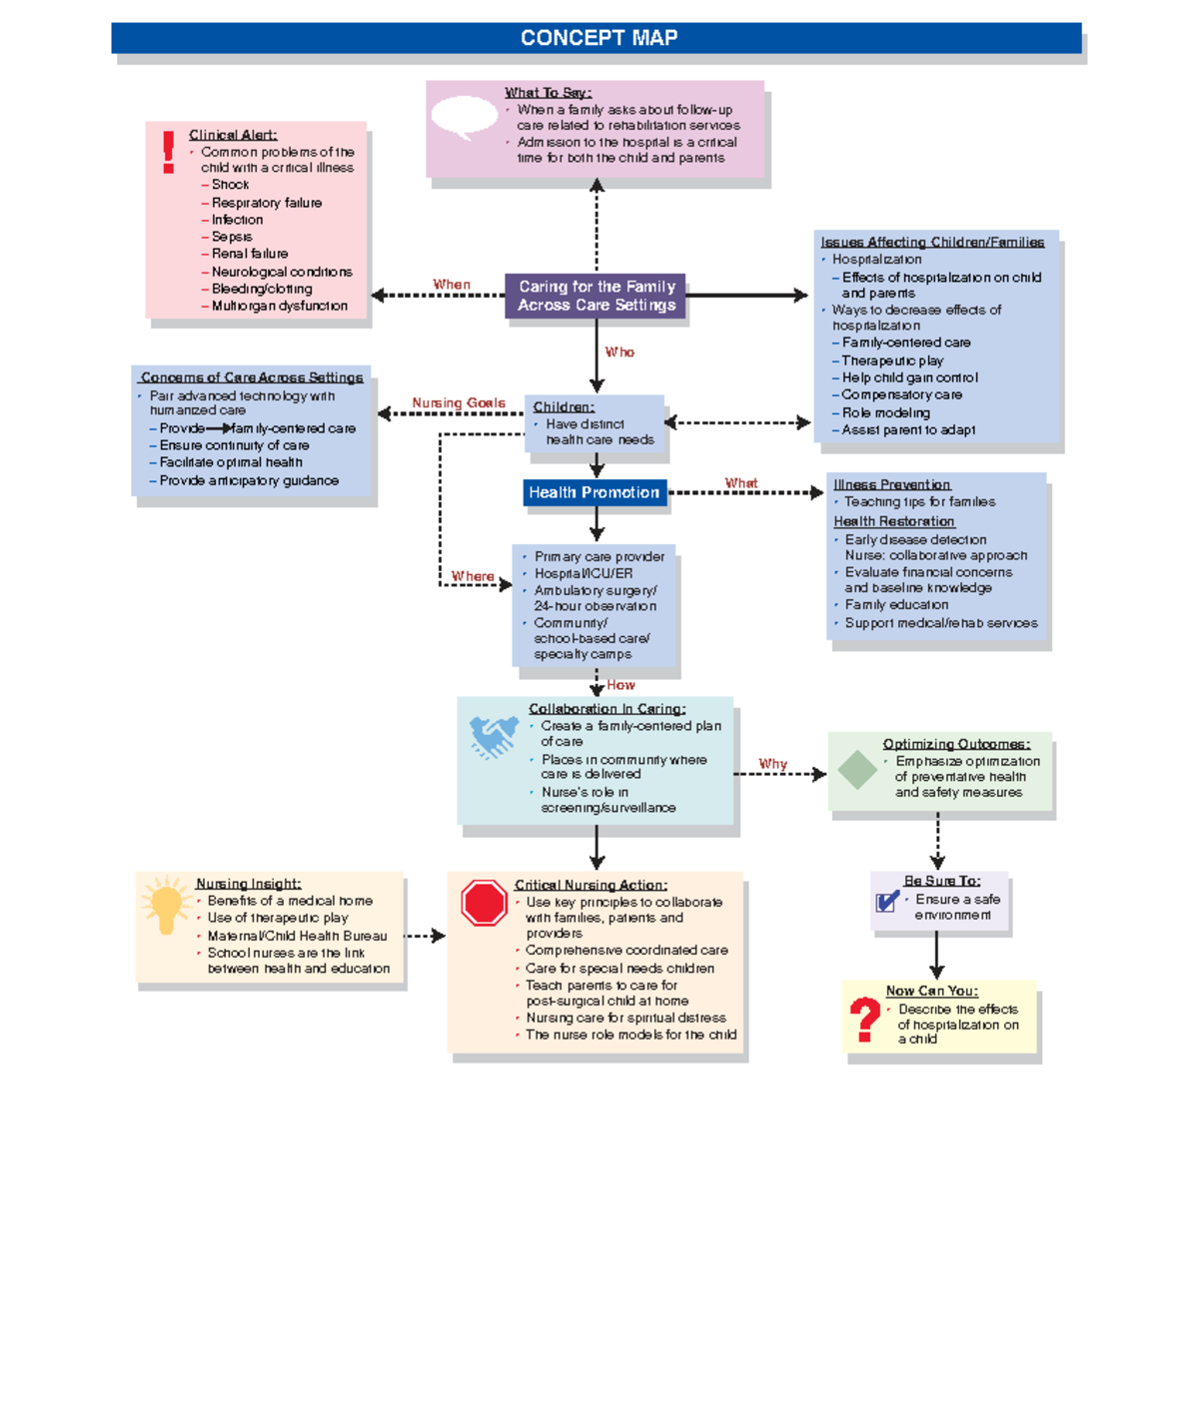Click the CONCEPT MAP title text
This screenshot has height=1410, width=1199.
tap(599, 38)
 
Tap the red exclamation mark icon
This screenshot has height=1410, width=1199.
tap(168, 152)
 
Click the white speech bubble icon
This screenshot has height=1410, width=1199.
tap(464, 117)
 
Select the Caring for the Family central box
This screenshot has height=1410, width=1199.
tap(597, 296)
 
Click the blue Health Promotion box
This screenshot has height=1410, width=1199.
tap(595, 492)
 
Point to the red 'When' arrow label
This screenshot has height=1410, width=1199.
tap(451, 285)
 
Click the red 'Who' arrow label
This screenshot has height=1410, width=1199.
tap(619, 352)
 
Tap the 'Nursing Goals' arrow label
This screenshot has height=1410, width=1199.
tap(459, 403)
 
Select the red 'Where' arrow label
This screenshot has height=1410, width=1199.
tap(472, 576)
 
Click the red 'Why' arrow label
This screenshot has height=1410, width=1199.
tap(772, 764)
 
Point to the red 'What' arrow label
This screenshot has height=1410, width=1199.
tap(740, 483)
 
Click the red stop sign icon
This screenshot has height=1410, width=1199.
tap(485, 903)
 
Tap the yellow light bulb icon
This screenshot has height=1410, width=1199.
tap(166, 905)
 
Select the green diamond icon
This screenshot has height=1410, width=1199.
tap(857, 770)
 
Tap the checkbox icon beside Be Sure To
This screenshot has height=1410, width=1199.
tap(887, 901)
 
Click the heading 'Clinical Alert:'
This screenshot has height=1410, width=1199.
tap(233, 135)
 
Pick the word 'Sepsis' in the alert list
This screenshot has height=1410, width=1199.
tap(232, 237)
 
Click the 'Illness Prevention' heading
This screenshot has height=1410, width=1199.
tap(891, 484)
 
